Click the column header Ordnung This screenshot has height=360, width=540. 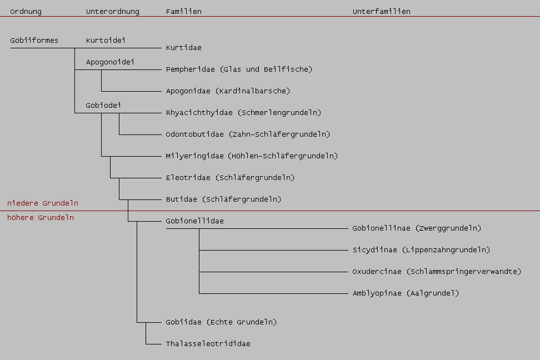(x=26, y=12)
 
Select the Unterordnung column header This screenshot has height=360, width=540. (x=113, y=12)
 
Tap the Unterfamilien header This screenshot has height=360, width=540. (x=381, y=12)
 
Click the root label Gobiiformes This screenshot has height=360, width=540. (x=34, y=41)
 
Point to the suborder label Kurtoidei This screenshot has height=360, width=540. (x=106, y=41)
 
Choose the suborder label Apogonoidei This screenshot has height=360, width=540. (x=110, y=62)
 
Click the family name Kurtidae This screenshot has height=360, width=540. (x=183, y=48)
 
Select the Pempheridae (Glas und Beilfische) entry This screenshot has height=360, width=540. (x=239, y=69)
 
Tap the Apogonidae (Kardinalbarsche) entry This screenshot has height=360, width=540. (x=228, y=91)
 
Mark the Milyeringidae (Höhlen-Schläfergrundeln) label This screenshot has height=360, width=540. (x=252, y=156)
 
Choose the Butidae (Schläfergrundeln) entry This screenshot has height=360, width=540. (x=223, y=199)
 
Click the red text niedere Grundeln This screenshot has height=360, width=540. (x=42, y=203)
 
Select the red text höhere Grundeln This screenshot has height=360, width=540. (x=40, y=218)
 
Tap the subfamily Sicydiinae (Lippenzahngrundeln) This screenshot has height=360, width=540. (x=421, y=250)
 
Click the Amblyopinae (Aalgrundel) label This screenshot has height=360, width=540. (x=406, y=293)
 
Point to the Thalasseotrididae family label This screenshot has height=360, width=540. (x=208, y=344)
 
